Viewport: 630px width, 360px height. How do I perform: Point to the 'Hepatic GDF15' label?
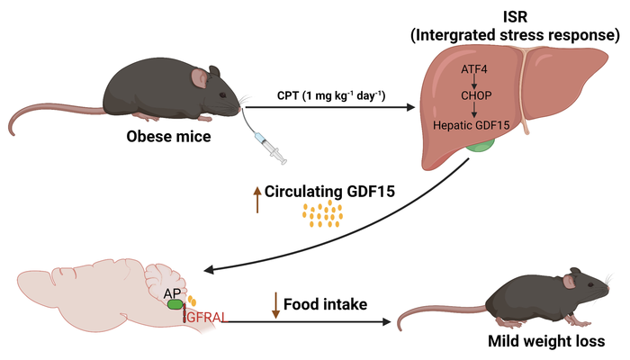tap(472, 127)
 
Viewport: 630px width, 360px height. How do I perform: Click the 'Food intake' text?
tap(325, 304)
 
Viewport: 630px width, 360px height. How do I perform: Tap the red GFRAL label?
tap(205, 316)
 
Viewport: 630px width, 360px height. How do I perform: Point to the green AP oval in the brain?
tap(175, 304)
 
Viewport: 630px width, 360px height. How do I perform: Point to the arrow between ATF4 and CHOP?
tap(473, 81)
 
